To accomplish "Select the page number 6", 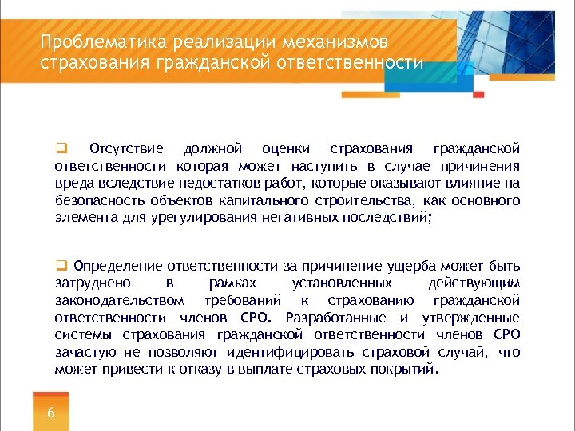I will coord(51,413).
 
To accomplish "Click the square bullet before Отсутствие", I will coord(59,149).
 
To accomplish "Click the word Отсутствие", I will coord(126,149).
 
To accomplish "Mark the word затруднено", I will coord(90,283).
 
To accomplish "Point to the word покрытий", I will coord(404,370).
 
